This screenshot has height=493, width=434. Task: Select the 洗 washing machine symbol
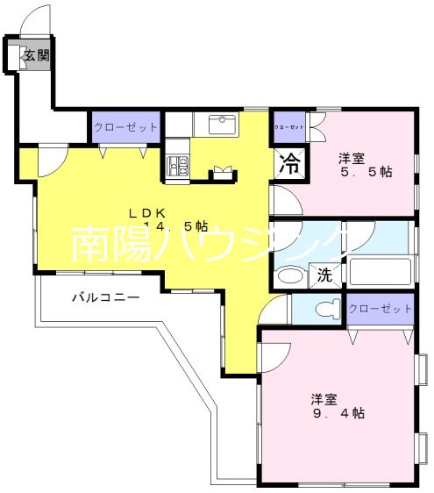(x=324, y=275)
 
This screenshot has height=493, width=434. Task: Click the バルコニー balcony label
(x=105, y=297)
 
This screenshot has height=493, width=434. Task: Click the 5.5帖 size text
(x=366, y=174)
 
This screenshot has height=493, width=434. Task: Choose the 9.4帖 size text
(x=338, y=413)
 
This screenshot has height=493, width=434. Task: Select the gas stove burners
(x=179, y=162)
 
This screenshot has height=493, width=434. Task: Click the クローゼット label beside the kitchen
(x=126, y=127)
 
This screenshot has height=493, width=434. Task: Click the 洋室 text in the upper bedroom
(x=352, y=158)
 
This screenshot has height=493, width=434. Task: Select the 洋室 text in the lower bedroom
(x=324, y=398)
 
